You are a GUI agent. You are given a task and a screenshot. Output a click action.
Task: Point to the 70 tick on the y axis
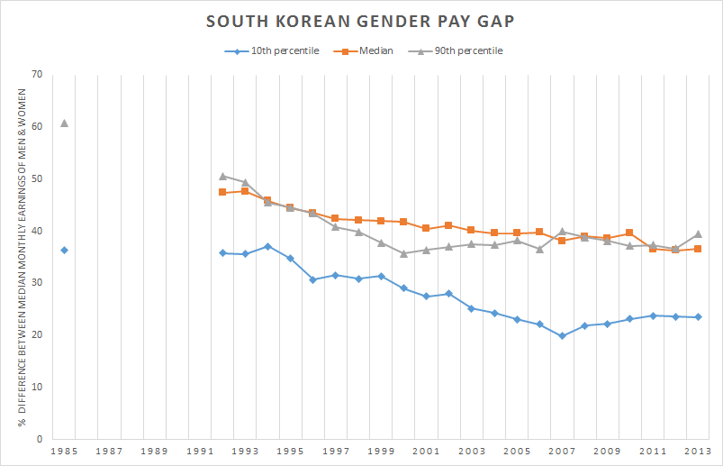coord(37,74)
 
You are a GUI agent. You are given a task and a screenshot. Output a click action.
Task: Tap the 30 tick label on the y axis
coord(37,283)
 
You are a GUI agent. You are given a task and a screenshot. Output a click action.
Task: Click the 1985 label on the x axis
coord(64,450)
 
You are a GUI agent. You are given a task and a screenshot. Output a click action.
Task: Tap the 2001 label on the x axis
coord(426,450)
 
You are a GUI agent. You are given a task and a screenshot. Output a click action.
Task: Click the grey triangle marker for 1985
coord(64,123)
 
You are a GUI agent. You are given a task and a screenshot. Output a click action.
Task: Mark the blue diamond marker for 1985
coord(64,250)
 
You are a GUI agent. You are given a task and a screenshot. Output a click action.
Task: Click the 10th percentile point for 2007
coord(562,335)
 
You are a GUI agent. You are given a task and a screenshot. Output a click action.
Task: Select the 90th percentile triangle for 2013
coord(698,233)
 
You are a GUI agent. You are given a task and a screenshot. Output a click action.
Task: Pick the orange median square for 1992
coord(222,192)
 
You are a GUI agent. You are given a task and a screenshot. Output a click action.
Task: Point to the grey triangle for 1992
coord(222,176)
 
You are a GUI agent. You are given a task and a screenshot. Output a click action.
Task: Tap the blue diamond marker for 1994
coord(267,246)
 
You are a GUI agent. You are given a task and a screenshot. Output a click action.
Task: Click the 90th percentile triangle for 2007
coord(562,232)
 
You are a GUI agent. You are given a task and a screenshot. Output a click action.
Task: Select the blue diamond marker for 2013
coord(698,317)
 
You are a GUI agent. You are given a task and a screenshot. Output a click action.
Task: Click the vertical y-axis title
coord(20,257)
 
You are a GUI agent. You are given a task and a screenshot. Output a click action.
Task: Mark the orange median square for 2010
coord(629,233)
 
